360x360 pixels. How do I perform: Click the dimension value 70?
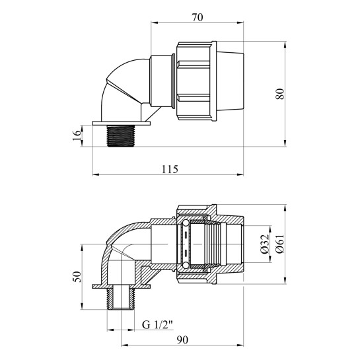click(198, 17)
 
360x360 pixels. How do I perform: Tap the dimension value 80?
click(280, 93)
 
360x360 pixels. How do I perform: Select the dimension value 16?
click(77, 136)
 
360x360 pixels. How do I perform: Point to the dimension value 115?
click(170, 169)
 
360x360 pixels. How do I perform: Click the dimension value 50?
click(77, 277)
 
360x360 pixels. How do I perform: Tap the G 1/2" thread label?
click(157, 324)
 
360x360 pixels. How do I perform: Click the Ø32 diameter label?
click(264, 244)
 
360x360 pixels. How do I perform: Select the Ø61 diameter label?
click(280, 244)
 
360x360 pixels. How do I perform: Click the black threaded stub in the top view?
click(121, 135)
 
